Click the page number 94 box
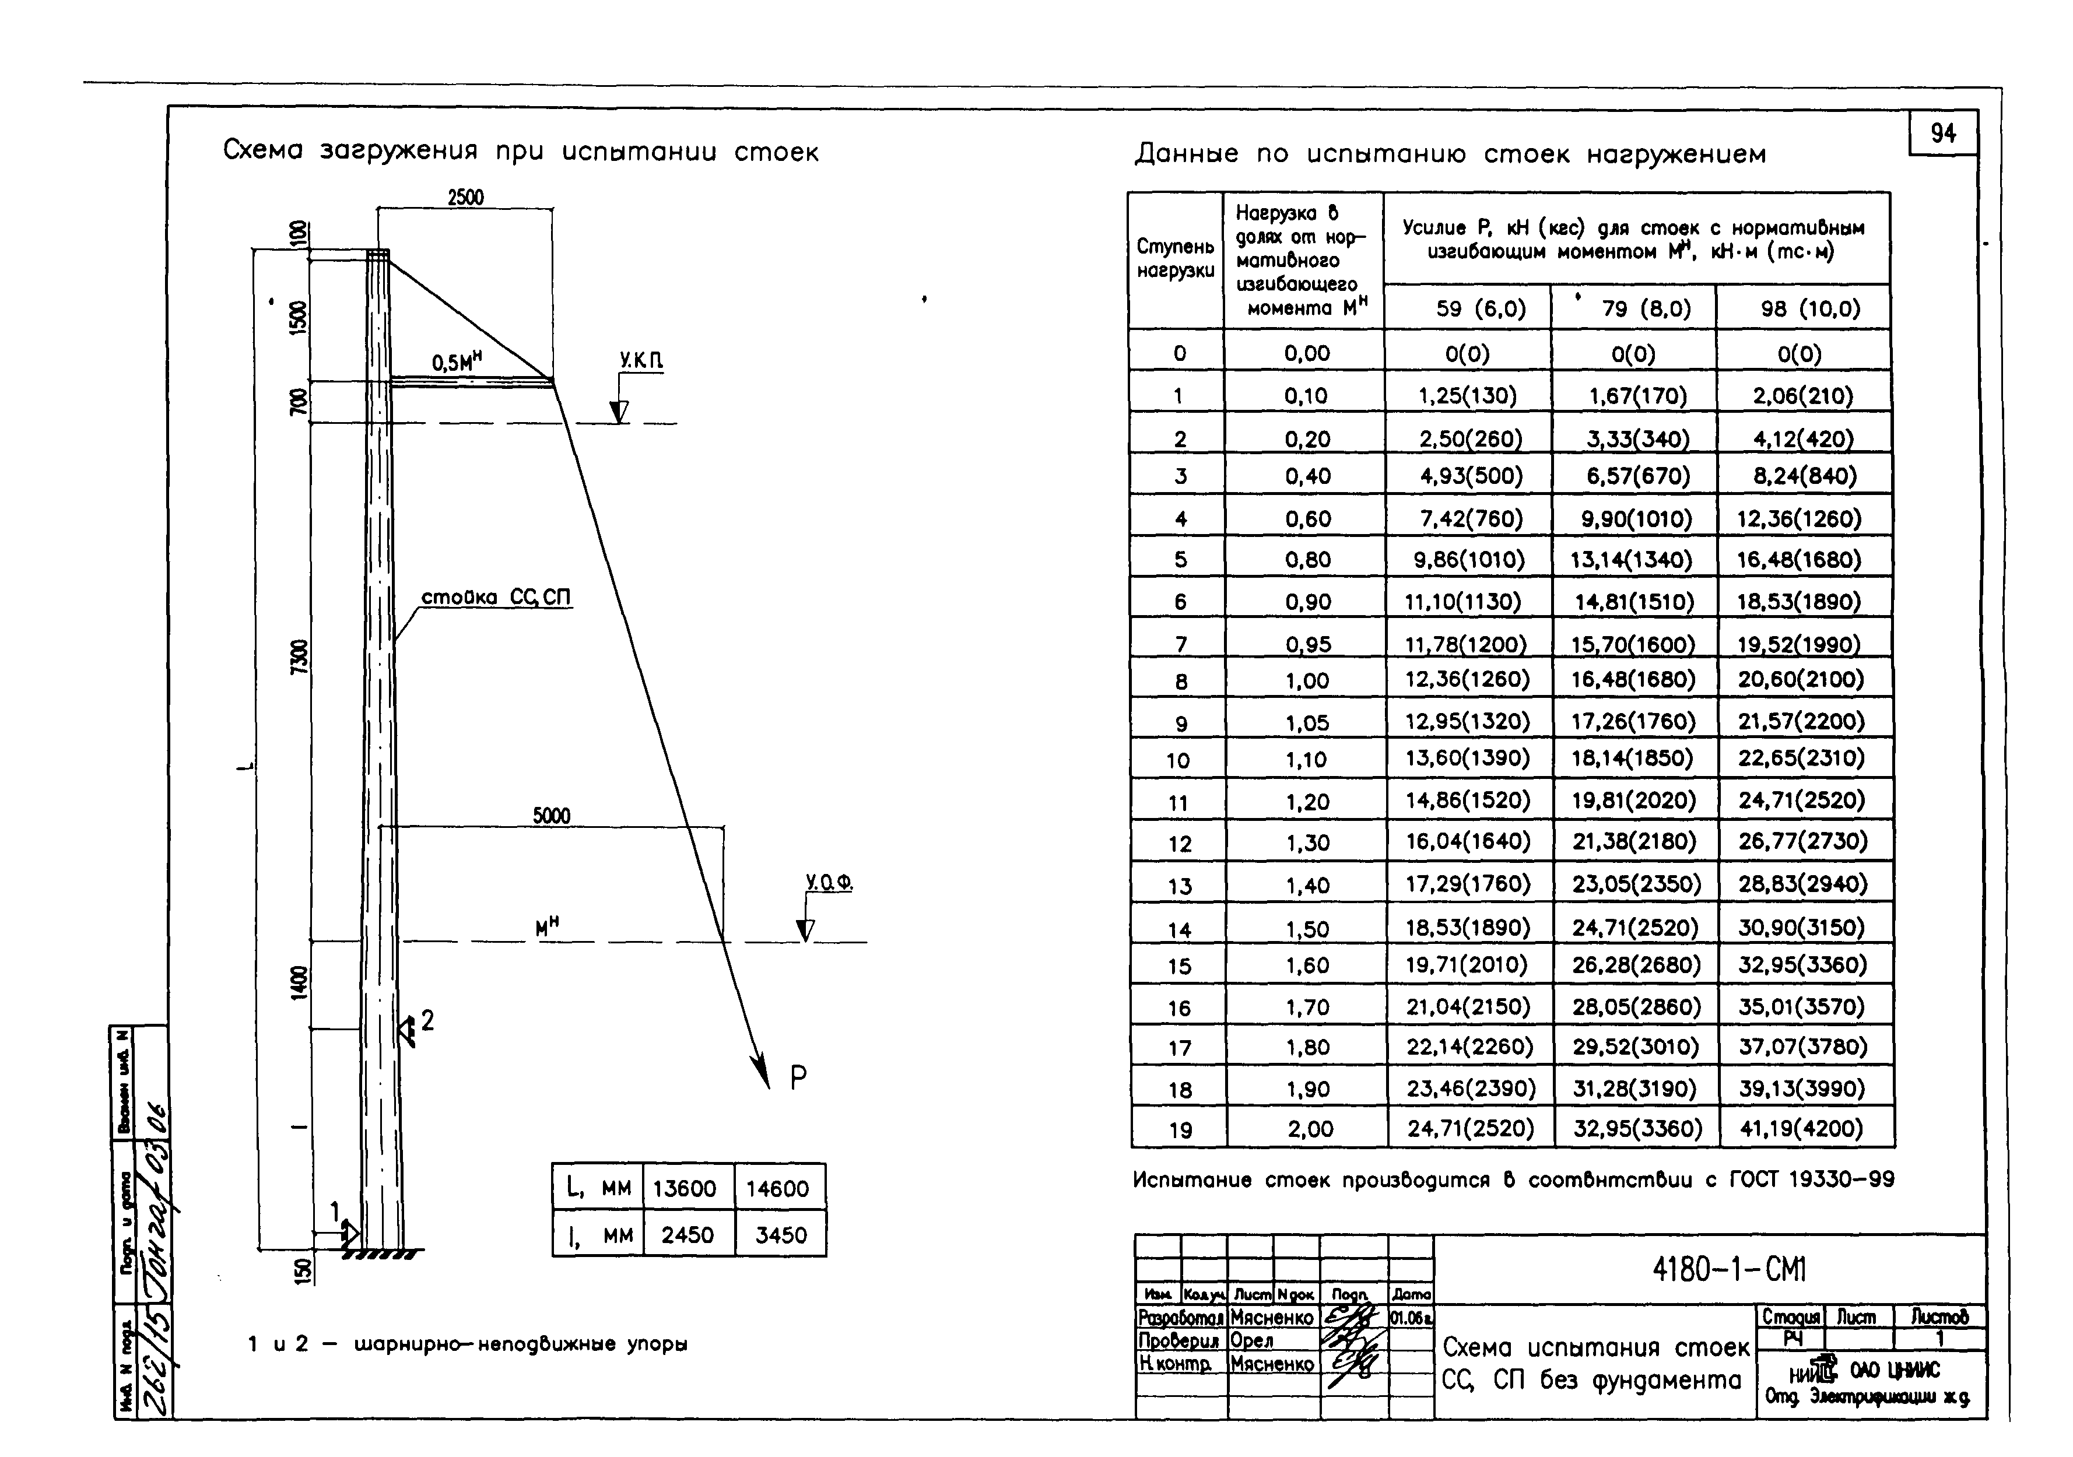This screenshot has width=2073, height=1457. point(1943,134)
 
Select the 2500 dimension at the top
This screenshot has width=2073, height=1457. point(466,197)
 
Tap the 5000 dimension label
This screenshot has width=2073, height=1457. point(550,816)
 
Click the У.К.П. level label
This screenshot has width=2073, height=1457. point(641,361)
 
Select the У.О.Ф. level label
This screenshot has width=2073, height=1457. point(829,882)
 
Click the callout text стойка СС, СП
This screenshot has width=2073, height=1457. point(496,598)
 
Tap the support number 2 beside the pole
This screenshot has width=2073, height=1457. point(427,1020)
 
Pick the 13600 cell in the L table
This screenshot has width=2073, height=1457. point(685,1188)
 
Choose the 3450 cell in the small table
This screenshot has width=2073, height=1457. point(780,1235)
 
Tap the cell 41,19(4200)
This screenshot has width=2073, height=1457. point(1801,1128)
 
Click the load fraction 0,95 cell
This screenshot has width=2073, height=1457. point(1307,644)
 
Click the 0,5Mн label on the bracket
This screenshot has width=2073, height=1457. point(456,362)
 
